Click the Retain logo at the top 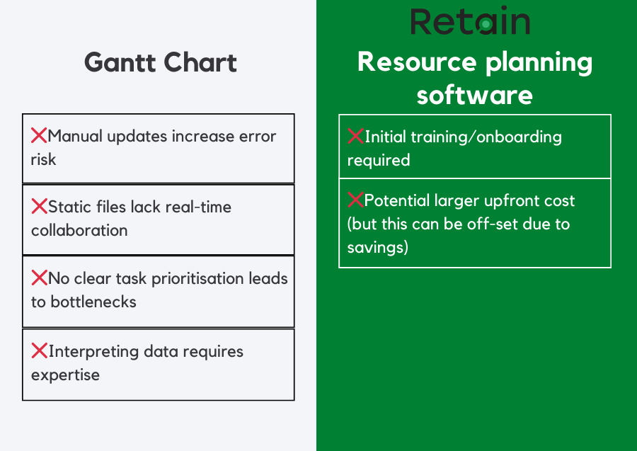[470, 22]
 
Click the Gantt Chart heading [161, 63]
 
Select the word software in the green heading [474, 95]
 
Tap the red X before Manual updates [39, 135]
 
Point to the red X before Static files [39, 207]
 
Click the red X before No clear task [39, 278]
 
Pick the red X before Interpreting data [39, 350]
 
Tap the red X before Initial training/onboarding [355, 136]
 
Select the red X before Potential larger [355, 200]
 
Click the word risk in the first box [43, 159]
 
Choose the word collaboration [79, 231]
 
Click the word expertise [65, 375]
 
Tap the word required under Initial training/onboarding [379, 160]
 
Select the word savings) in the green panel [378, 248]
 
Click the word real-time [201, 207]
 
